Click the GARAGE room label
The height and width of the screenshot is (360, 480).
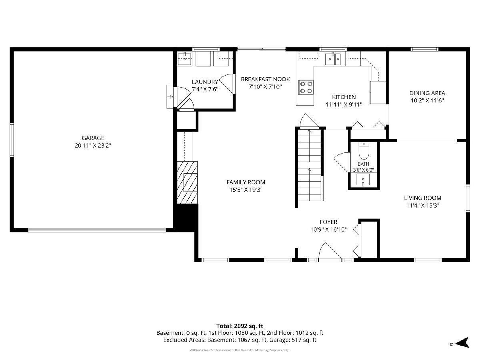[x=93, y=138]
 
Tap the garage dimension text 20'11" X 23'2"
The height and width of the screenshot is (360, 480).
[x=93, y=146]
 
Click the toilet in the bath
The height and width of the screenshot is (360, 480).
[x=364, y=150]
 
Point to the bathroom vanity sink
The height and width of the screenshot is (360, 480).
[x=363, y=180]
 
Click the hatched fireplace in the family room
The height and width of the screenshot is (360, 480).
[x=187, y=182]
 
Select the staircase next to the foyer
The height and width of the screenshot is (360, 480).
[x=310, y=165]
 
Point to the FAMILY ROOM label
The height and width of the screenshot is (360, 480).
[x=246, y=182]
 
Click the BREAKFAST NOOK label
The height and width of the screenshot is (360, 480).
[x=265, y=79]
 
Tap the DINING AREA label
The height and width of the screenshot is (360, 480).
[x=427, y=93]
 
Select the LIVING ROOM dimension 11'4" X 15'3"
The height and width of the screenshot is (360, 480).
[x=423, y=206]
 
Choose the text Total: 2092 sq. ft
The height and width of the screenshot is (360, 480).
[x=240, y=326]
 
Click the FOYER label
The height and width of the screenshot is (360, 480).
[x=328, y=222]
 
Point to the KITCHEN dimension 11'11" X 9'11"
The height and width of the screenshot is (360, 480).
[x=344, y=105]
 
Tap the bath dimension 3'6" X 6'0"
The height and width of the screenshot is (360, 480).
[x=364, y=170]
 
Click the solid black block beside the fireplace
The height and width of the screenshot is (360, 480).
[x=186, y=218]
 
